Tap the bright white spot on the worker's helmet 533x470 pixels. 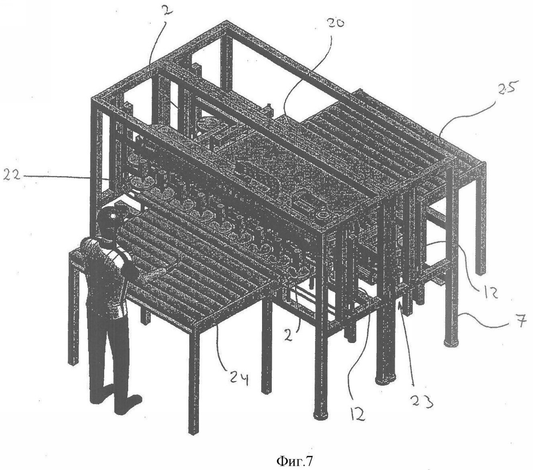pyautogui.click(x=113, y=216)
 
